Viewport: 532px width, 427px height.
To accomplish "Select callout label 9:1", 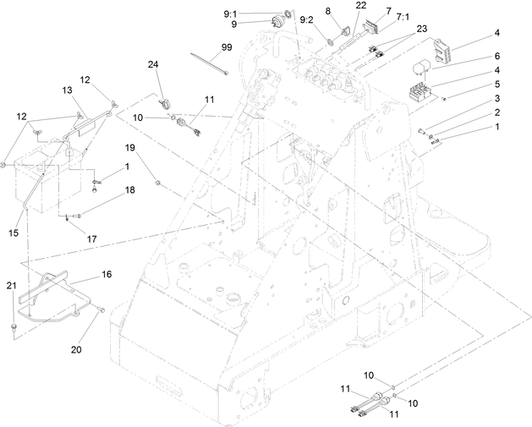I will coord(230,14).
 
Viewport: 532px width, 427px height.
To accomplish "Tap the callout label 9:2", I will coord(306,19).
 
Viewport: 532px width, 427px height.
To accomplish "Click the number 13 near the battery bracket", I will coord(67,90).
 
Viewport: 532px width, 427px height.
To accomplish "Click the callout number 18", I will coord(130,190).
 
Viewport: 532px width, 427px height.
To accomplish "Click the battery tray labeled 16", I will coord(55,292).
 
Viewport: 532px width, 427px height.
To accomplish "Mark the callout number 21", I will coord(10,287).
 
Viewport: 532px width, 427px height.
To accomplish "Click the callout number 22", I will coord(360,6).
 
